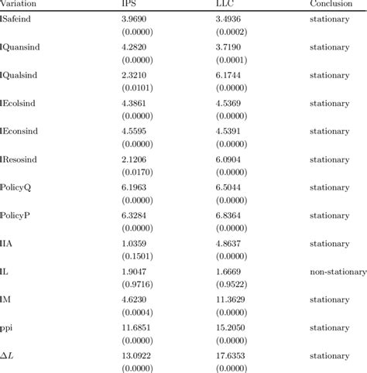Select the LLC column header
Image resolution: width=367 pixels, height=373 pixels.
(225, 4)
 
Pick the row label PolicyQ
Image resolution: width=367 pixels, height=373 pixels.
(17, 187)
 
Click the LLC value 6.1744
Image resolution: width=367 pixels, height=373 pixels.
(229, 76)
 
